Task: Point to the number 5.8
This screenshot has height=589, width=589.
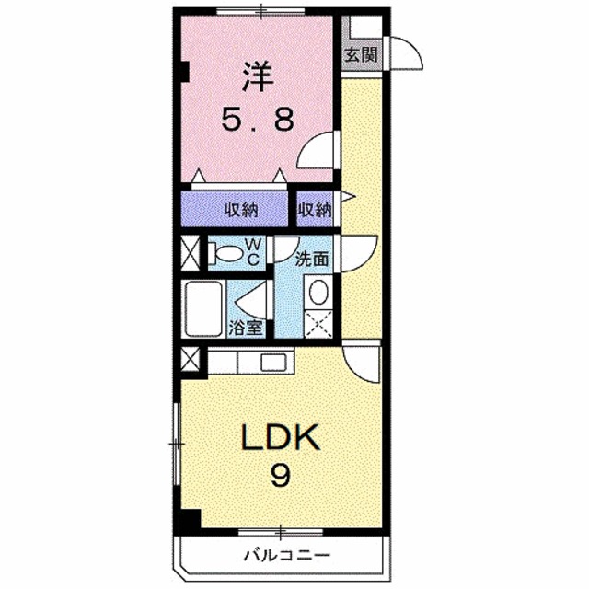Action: click(x=259, y=119)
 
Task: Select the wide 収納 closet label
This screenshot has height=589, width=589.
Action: click(x=243, y=210)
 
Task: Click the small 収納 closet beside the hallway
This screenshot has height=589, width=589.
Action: click(x=315, y=210)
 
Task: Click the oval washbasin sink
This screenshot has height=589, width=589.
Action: click(x=318, y=292)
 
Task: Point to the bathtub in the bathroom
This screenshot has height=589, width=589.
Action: click(x=203, y=310)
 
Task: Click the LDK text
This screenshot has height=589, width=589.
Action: click(x=280, y=439)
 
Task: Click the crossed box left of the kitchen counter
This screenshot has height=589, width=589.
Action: click(x=191, y=362)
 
